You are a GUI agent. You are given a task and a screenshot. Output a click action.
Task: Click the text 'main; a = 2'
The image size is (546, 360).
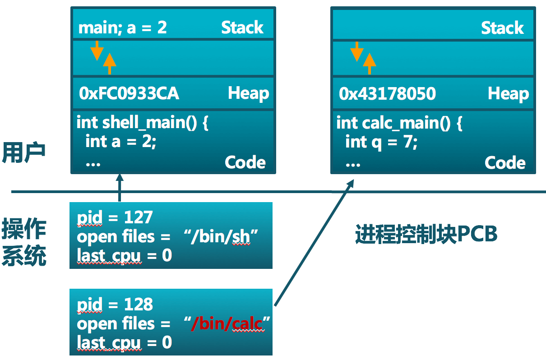click(122, 28)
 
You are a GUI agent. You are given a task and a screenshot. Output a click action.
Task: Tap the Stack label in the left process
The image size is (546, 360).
click(242, 28)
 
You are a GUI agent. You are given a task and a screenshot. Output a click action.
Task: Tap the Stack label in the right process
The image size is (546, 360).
click(502, 28)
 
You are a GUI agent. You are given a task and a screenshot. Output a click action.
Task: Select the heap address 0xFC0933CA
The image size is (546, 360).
click(129, 94)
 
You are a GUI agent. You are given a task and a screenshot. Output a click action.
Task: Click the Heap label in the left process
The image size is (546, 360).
click(248, 93)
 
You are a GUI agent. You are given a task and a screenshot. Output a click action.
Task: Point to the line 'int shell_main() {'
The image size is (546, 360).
click(142, 123)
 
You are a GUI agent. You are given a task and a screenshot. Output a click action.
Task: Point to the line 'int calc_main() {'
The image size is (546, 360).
click(399, 123)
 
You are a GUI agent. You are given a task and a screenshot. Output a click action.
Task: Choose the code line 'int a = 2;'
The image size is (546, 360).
click(120, 142)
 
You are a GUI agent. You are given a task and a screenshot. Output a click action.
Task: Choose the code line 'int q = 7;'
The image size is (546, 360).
click(381, 142)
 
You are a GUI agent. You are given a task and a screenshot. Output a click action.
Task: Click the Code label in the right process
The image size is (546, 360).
click(505, 163)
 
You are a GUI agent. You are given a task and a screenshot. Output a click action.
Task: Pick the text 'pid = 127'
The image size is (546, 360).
click(115, 217)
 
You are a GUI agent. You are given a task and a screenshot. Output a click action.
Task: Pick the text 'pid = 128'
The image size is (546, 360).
click(115, 305)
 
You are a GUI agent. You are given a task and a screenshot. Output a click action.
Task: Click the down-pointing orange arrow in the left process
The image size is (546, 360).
click(97, 51)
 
